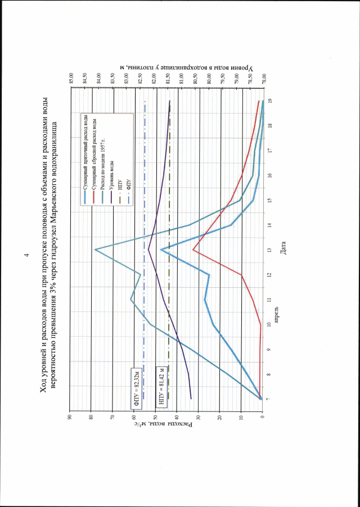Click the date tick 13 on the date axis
point(271,250)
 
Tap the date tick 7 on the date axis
point(271,399)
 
